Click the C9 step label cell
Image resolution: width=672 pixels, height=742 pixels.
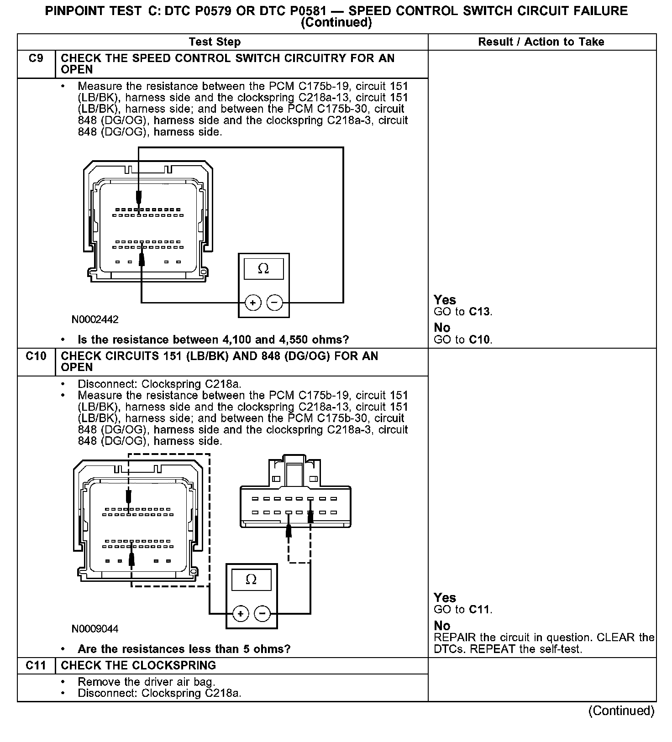tap(36, 58)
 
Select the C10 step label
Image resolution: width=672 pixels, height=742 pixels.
tap(36, 356)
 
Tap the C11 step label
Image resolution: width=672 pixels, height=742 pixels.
tap(36, 665)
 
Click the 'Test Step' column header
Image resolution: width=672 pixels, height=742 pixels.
tap(215, 42)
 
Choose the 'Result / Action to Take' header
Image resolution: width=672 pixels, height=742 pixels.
tap(541, 42)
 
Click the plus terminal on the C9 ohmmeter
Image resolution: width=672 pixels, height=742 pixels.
tap(253, 303)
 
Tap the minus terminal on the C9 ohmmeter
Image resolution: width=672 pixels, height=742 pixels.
tap(274, 303)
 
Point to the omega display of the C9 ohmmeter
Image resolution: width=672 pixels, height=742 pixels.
tap(263, 269)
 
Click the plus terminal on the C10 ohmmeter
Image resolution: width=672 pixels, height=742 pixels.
tap(241, 613)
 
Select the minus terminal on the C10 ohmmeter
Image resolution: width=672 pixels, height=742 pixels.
tap(262, 613)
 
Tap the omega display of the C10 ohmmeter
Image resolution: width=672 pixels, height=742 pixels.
tap(251, 580)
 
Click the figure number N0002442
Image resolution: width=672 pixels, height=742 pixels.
tap(95, 319)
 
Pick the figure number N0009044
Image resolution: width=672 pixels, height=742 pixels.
tap(95, 629)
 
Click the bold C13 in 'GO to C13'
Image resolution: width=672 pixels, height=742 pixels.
tap(480, 312)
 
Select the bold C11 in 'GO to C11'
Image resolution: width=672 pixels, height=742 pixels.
tap(480, 610)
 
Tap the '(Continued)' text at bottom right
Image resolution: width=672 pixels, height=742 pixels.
tap(621, 711)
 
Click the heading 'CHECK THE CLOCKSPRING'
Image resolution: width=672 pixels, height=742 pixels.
tap(138, 665)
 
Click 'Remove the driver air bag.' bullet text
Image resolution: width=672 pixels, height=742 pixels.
tap(146, 682)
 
